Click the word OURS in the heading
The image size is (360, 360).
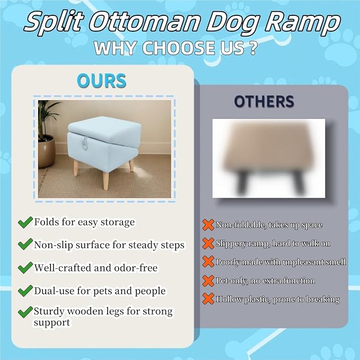click(101, 81)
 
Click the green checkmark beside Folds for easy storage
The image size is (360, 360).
click(24, 222)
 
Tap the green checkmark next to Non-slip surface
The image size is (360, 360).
click(24, 245)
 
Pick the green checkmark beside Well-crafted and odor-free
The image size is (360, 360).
click(24, 268)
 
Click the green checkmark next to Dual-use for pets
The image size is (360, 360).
click(24, 291)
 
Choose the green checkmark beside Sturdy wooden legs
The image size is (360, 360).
click(24, 312)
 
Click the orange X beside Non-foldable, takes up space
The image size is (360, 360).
click(208, 225)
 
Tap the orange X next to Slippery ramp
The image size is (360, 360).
click(208, 243)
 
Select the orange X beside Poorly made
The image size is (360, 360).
click(208, 262)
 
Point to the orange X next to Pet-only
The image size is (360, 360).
click(208, 280)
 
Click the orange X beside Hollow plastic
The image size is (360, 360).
click(208, 299)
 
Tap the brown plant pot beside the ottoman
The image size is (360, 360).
click(46, 151)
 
